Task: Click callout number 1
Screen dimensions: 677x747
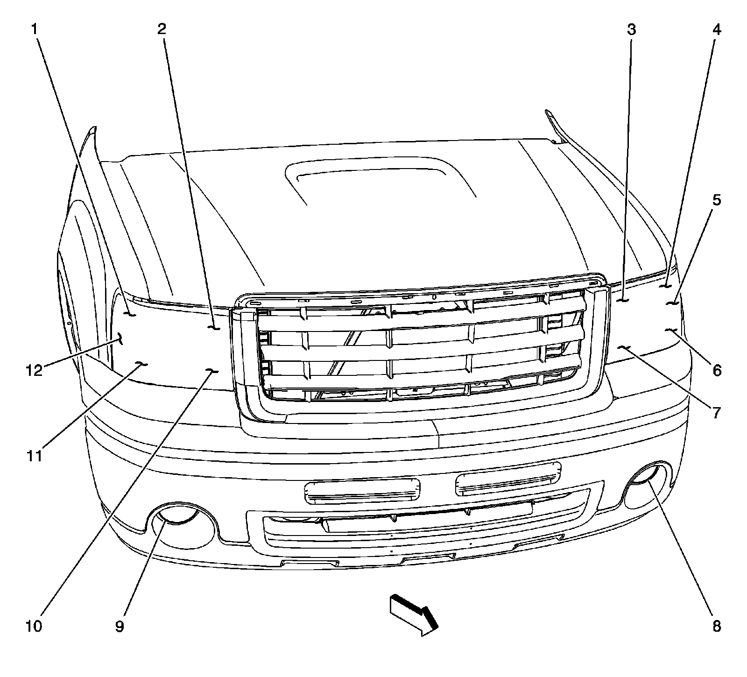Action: click(x=34, y=30)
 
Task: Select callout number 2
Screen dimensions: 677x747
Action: click(x=162, y=30)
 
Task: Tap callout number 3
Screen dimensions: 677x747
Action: click(x=631, y=30)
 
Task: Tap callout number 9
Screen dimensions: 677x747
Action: click(x=120, y=626)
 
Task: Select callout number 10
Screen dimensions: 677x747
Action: click(x=34, y=626)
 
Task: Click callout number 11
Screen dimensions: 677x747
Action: click(x=34, y=455)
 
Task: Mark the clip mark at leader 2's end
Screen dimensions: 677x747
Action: click(x=214, y=328)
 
